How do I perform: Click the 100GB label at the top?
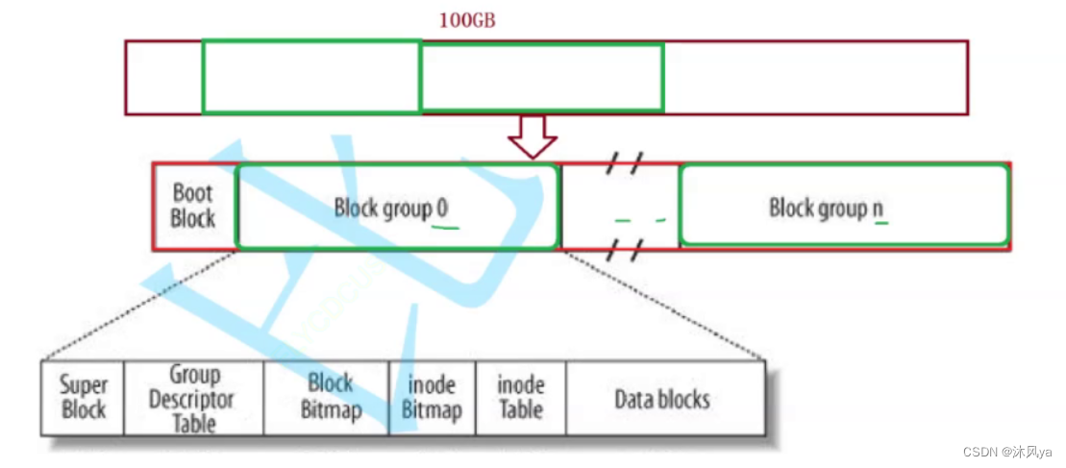tap(467, 20)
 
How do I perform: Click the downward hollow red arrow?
tap(532, 136)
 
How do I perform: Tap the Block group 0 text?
tap(390, 208)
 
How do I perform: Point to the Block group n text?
tap(826, 208)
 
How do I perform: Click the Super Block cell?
tap(84, 397)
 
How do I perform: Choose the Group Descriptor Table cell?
tap(193, 398)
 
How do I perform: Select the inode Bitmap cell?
tap(432, 398)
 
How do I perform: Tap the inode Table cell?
tap(520, 397)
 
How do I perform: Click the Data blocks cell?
tap(662, 398)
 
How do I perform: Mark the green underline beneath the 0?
tap(444, 229)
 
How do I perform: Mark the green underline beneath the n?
tap(880, 223)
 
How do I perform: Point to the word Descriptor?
tap(192, 398)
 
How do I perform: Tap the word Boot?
tap(192, 193)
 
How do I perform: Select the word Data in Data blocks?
tap(632, 398)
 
